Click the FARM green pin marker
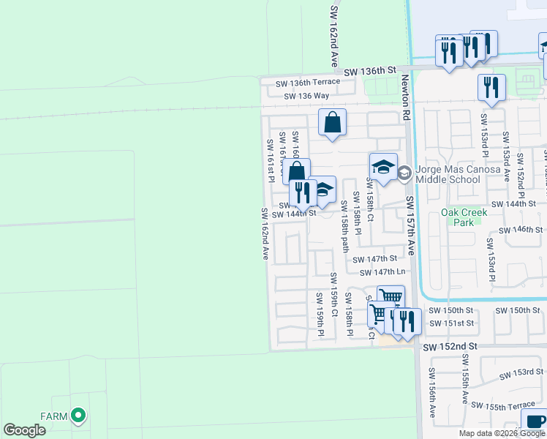point(78,416)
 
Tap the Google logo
point(25,431)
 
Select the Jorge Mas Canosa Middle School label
point(459,173)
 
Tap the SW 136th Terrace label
point(308,83)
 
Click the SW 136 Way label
point(306,96)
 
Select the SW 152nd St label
point(450,345)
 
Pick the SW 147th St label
point(374,259)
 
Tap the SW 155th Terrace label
point(503,405)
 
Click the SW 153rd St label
point(522,374)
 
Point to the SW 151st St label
point(452,323)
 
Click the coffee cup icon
point(534,421)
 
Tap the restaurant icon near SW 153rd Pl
point(491,88)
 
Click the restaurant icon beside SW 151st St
point(407,321)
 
